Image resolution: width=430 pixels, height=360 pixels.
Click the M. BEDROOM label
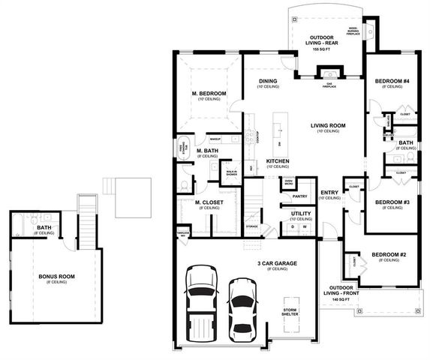coord(204,94)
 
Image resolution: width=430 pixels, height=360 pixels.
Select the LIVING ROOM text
coord(327,125)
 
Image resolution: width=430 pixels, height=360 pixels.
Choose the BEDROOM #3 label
coord(390,202)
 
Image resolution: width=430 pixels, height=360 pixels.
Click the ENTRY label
coord(329,193)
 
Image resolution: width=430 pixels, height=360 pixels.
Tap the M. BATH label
coord(207,151)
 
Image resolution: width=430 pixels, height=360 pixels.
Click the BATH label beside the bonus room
coord(44,229)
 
